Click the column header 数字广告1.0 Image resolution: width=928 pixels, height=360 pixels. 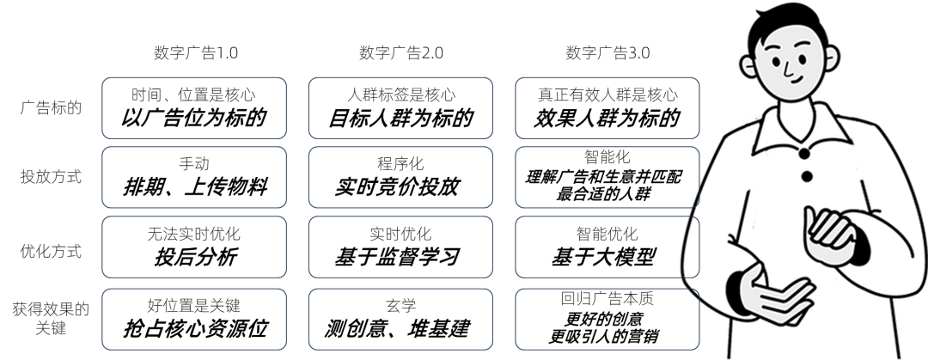pos(196,52)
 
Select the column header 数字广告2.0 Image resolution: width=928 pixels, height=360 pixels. pos(401,52)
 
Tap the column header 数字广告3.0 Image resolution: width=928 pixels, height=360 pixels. pos(607,52)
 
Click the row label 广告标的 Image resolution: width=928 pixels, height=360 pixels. pos(51,108)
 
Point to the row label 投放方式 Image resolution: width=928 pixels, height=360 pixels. pos(51,176)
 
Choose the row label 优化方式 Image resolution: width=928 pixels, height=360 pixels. pos(51,251)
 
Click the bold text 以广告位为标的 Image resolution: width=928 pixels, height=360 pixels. pos(193,118)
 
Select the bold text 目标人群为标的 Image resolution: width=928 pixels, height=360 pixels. pos(400,118)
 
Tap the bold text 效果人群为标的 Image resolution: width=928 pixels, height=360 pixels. pos(607,118)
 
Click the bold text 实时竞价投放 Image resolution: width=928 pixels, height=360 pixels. pos(397,187)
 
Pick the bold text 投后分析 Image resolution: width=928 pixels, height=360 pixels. pos(195,257)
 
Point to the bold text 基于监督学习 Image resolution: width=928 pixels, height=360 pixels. pos(397,257)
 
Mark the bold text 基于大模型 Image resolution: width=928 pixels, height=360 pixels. pos(604,257)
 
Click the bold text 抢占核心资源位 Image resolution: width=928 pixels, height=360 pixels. pos(196,328)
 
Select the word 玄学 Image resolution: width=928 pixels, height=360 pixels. pos(400,306)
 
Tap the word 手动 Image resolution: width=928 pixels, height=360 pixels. pos(194,163)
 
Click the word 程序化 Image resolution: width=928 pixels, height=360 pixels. pos(400,163)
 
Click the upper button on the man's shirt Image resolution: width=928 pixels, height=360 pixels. pos(804,154)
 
